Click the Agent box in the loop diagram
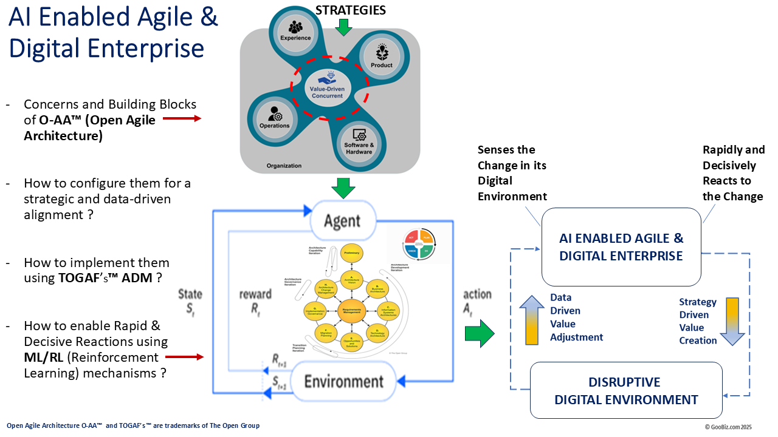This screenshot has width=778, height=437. coord(343,221)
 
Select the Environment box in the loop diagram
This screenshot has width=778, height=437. coord(344,381)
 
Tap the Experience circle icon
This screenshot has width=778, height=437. coord(296,30)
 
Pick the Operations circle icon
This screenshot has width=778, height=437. coord(275,117)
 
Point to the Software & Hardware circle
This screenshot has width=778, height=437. coord(359,141)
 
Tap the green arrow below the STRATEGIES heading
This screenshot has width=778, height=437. coord(344,27)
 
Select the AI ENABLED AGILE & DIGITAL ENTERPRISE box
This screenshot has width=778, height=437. coord(621,247)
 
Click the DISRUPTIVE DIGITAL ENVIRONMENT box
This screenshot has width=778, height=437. coord(626,390)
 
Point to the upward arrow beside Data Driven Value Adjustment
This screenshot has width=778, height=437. coord(532,320)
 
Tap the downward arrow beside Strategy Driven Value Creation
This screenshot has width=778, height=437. coord(729,321)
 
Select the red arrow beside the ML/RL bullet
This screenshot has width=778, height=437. coord(185,357)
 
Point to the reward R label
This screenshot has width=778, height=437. coord(255,301)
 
